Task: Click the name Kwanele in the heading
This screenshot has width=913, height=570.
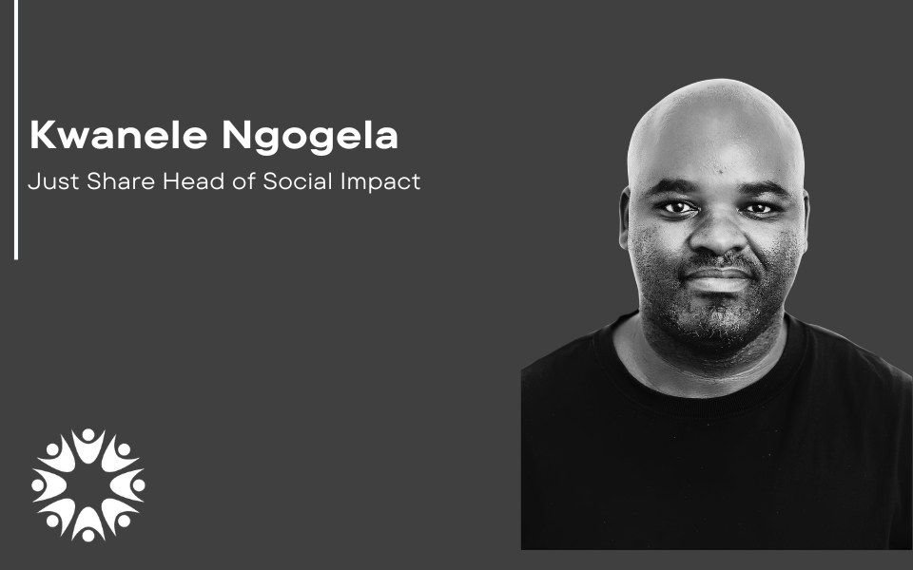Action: (118, 135)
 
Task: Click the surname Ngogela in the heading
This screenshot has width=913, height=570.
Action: (310, 137)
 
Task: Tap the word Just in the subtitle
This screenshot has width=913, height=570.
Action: (53, 181)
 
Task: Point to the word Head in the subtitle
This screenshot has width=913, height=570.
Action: (193, 181)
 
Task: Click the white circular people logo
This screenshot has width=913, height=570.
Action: (88, 485)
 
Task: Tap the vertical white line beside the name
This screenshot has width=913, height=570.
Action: (16, 129)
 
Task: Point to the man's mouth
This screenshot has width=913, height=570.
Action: (717, 277)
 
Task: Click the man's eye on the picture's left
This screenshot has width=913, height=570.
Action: (676, 207)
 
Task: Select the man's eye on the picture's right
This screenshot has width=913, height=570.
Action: (758, 208)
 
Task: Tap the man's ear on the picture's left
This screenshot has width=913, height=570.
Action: (625, 218)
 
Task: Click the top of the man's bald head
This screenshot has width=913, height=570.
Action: (716, 87)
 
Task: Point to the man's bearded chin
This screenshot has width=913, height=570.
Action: (716, 317)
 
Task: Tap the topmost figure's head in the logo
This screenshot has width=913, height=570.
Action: (88, 435)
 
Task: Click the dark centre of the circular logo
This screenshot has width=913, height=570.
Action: (88, 485)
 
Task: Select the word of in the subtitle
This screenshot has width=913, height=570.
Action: (243, 181)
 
